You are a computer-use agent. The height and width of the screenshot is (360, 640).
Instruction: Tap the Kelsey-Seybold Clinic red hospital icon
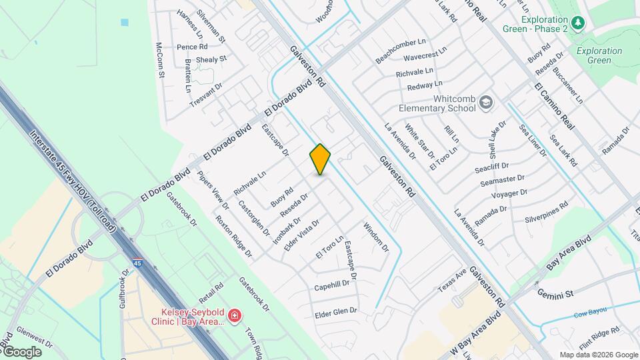click(234, 314)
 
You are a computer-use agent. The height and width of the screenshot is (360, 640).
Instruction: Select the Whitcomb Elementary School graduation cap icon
click(486, 103)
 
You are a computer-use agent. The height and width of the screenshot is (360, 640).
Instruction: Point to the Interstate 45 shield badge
click(137, 247)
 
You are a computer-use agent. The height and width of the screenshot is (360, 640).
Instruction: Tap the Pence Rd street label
click(192, 47)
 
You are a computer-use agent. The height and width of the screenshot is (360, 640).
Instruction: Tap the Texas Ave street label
click(452, 279)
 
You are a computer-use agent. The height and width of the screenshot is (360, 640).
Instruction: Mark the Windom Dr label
click(375, 237)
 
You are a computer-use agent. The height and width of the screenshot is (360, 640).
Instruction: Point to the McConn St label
click(160, 59)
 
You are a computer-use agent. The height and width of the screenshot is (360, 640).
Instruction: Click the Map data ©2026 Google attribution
click(598, 355)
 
